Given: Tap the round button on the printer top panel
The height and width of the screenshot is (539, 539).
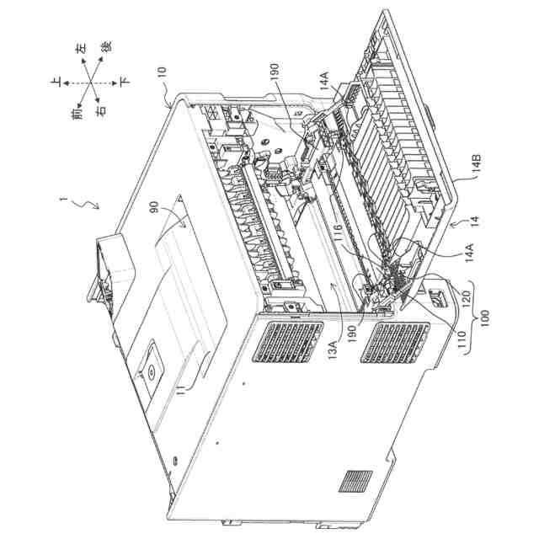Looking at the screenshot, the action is click(149, 367).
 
